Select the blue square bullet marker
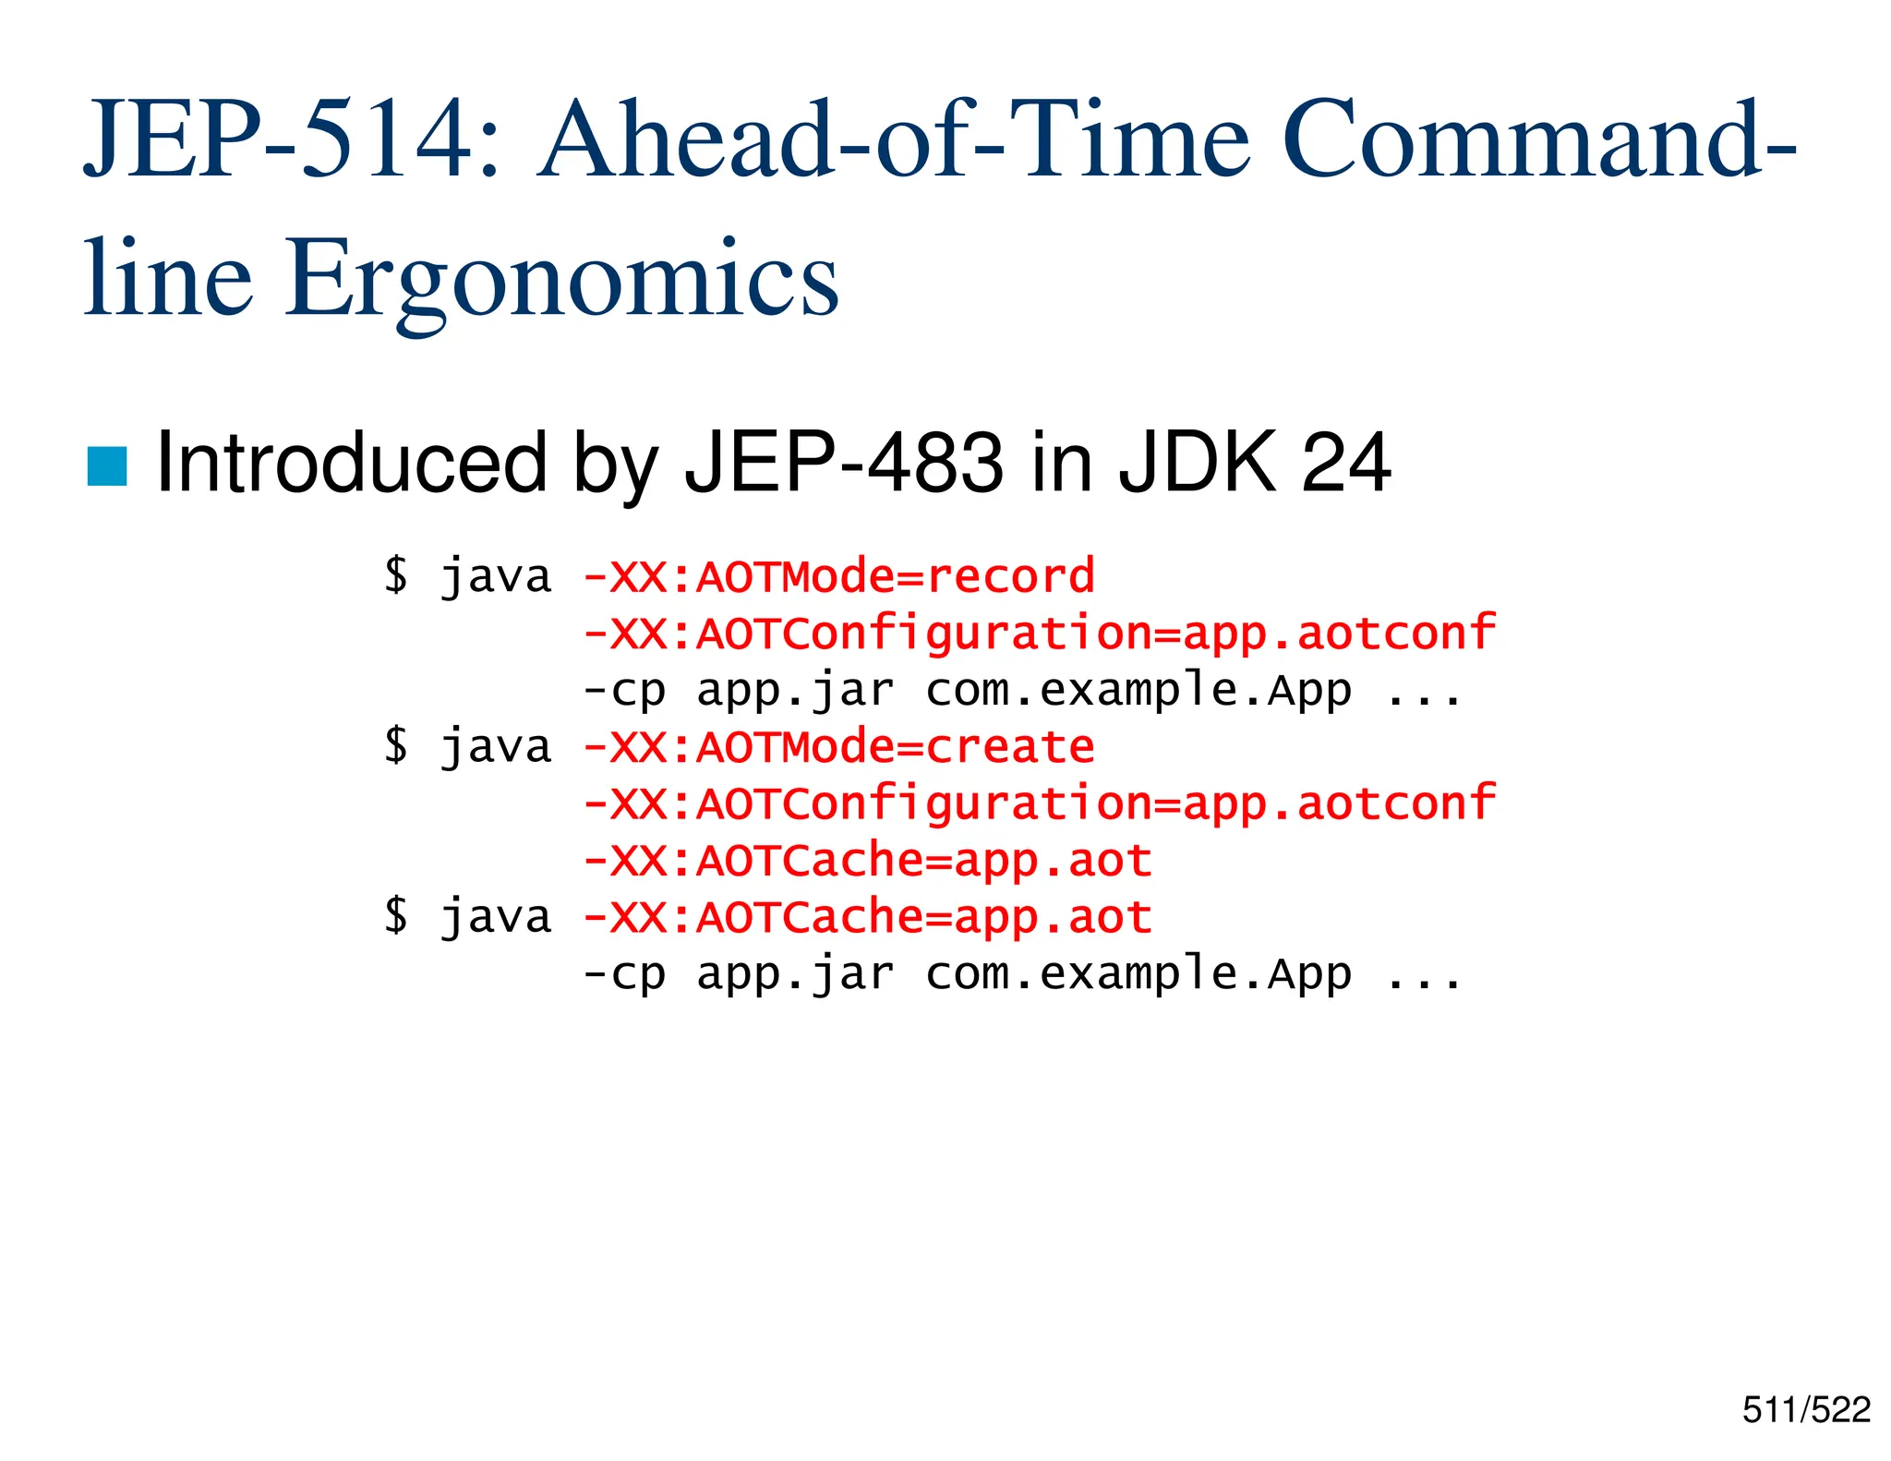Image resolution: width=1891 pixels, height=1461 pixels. [106, 465]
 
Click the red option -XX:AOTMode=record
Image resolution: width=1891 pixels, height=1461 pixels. [838, 577]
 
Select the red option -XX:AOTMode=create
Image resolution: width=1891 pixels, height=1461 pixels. [838, 747]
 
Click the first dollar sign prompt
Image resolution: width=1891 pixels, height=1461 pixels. [396, 575]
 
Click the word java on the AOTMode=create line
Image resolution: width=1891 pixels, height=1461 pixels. [496, 747]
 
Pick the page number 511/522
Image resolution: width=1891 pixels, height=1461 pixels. [1806, 1410]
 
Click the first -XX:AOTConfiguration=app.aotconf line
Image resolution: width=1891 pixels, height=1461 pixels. [1039, 634]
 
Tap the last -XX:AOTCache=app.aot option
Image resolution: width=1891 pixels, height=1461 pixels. [868, 918]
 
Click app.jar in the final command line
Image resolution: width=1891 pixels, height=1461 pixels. [795, 974]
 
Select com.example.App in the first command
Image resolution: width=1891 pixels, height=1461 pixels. [1138, 691]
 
